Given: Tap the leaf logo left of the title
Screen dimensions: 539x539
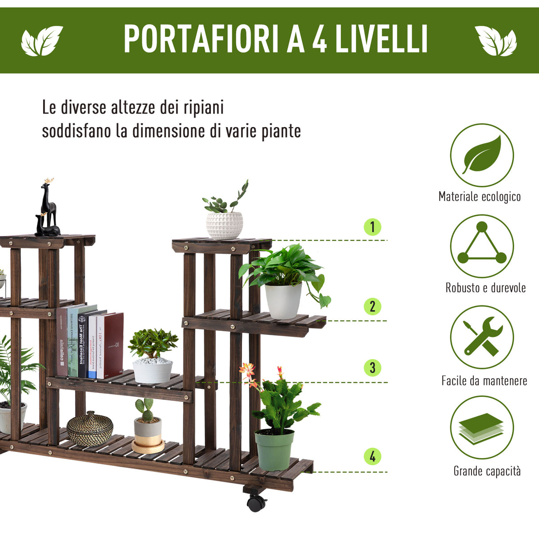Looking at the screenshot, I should click(x=42, y=41).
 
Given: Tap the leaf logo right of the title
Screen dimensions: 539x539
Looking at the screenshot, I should click(x=496, y=41).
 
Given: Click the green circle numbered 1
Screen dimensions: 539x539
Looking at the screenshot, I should click(x=373, y=227).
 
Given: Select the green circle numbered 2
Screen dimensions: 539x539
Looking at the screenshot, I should click(x=373, y=306).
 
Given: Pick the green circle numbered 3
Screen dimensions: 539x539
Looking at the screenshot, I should click(x=373, y=368).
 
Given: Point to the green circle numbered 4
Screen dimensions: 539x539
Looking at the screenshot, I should click(x=373, y=456).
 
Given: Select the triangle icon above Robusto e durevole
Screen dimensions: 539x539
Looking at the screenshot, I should click(x=482, y=246).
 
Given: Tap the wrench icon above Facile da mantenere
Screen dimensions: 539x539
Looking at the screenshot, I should click(x=482, y=337).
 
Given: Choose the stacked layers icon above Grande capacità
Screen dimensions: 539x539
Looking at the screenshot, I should click(x=482, y=428).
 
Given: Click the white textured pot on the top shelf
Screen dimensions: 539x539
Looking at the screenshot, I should click(x=224, y=225).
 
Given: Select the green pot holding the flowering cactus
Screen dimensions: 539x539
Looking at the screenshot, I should click(x=274, y=449).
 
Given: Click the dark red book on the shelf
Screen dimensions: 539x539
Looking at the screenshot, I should click(x=113, y=344).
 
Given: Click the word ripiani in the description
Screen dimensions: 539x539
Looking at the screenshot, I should click(x=204, y=108).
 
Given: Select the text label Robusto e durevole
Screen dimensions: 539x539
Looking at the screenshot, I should click(x=485, y=288).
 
